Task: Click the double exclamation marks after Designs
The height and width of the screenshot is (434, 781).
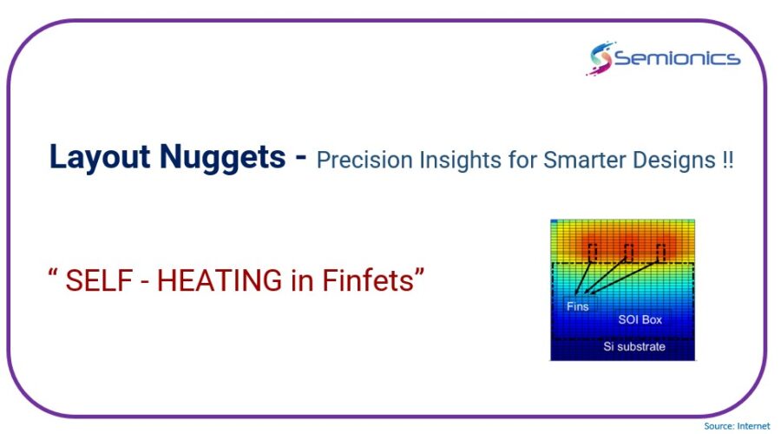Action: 728,161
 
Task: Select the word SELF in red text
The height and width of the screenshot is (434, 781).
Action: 99,280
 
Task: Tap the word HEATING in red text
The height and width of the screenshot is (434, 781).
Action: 220,280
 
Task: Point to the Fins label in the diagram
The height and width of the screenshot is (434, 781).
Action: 577,306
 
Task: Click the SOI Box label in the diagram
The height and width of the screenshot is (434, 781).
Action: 640,319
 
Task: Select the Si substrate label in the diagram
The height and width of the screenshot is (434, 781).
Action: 634,346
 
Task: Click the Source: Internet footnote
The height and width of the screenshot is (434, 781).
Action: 737,426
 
